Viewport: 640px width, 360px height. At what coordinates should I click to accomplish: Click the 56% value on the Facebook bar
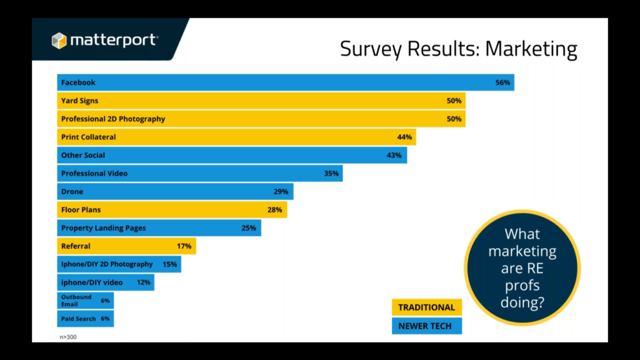(502, 82)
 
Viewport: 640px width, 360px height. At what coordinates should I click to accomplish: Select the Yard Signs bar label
(79, 101)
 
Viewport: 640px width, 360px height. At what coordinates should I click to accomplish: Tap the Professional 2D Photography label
(113, 119)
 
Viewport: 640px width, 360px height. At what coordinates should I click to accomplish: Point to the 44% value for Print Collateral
(404, 137)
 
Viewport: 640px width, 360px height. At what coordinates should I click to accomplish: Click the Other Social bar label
(83, 155)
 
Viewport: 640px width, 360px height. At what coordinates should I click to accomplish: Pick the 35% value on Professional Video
(331, 174)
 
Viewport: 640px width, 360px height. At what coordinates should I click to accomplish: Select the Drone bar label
(72, 191)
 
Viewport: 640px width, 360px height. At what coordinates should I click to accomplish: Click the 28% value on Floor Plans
(275, 210)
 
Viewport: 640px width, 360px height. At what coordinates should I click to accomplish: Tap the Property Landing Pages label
(103, 227)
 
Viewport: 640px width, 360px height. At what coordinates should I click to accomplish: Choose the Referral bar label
(76, 246)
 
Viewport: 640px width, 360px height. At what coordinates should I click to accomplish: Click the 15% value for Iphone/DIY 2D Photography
(170, 264)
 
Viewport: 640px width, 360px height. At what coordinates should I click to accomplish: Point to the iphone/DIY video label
(92, 282)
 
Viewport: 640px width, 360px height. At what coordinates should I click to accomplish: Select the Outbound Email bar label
(76, 301)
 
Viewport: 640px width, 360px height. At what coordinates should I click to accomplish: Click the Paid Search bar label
(78, 319)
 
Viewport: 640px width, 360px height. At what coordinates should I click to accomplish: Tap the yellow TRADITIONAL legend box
(427, 307)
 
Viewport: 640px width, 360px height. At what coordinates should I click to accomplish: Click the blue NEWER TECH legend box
(427, 326)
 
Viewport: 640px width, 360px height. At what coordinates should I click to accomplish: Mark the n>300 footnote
(68, 337)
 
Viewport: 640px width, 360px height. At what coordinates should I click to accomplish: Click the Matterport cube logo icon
(59, 41)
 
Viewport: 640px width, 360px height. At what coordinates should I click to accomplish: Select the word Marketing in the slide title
(531, 49)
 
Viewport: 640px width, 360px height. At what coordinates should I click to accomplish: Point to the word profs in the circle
(522, 286)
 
